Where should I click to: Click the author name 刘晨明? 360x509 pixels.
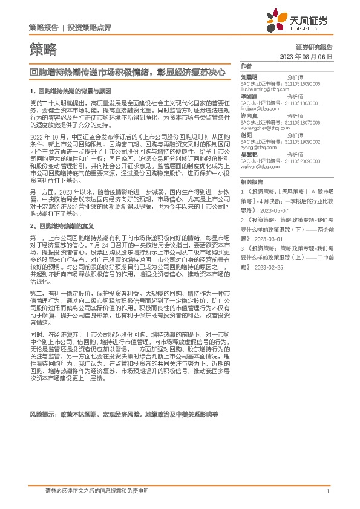coord(249,77)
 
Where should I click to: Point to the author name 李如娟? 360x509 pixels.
coord(249,96)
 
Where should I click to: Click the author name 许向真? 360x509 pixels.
coord(249,115)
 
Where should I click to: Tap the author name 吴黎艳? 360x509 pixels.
coord(249,154)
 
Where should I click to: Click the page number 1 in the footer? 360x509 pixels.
coord(327,491)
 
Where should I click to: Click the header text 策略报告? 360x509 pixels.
coord(44,28)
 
